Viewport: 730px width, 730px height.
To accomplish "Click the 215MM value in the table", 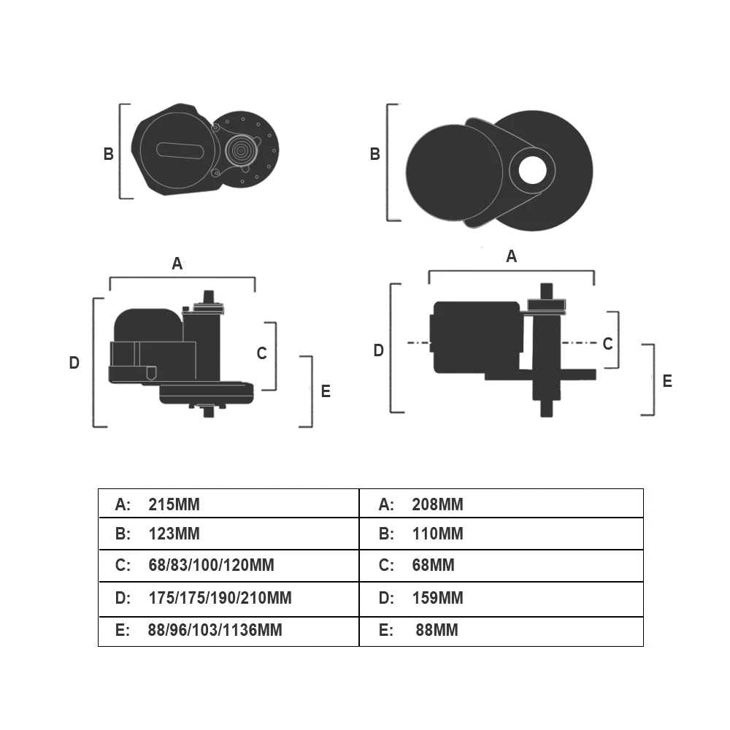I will [x=174, y=504].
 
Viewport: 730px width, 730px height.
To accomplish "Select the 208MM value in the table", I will [x=437, y=504].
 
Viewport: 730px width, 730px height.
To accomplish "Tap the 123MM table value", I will [x=174, y=534].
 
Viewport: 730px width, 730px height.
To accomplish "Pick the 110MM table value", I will [x=437, y=534].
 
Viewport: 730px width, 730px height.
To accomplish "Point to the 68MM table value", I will [x=433, y=565].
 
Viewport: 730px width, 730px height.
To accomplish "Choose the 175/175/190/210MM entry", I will [x=219, y=599].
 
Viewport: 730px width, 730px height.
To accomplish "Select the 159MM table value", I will [x=437, y=599].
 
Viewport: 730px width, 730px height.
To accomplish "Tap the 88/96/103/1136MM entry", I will [x=215, y=630].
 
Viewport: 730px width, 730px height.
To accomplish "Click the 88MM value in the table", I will [x=437, y=630].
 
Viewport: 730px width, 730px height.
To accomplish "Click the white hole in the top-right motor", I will [x=533, y=169].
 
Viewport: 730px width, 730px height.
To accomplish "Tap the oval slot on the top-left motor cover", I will [x=180, y=149].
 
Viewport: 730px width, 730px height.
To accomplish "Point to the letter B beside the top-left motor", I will [x=108, y=155].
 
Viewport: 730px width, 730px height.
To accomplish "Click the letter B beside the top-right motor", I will [x=375, y=155].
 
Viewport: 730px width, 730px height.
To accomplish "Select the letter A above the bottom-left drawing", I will [x=177, y=264].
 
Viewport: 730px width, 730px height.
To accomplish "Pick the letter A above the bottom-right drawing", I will [x=511, y=256].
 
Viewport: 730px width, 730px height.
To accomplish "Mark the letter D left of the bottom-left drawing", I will [x=74, y=363].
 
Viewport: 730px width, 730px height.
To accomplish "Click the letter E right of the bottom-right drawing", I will [x=667, y=381].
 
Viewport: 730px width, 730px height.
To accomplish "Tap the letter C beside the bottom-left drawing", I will [x=262, y=354].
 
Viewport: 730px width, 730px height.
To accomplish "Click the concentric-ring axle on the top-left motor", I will [x=240, y=150].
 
